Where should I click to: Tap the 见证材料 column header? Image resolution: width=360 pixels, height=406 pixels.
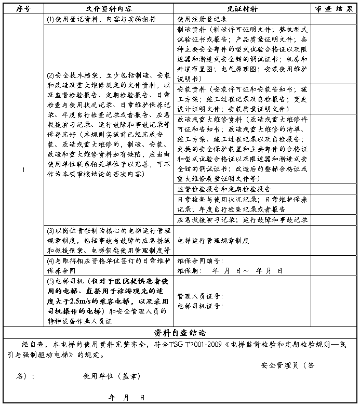click(242, 9)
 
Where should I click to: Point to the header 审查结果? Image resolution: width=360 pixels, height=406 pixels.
click(334, 9)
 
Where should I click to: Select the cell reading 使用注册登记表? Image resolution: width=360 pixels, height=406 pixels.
click(199, 19)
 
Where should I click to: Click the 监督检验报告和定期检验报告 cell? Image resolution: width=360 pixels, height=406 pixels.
click(224, 189)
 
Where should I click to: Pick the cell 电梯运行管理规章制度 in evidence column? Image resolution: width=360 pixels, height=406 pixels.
click(213, 241)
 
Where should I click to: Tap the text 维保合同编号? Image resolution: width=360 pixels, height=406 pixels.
click(200, 260)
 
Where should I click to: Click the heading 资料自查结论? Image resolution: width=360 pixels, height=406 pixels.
click(180, 332)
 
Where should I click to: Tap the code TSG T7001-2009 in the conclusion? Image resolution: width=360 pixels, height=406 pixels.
click(199, 345)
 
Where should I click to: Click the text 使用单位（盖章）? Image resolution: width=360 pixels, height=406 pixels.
click(112, 376)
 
